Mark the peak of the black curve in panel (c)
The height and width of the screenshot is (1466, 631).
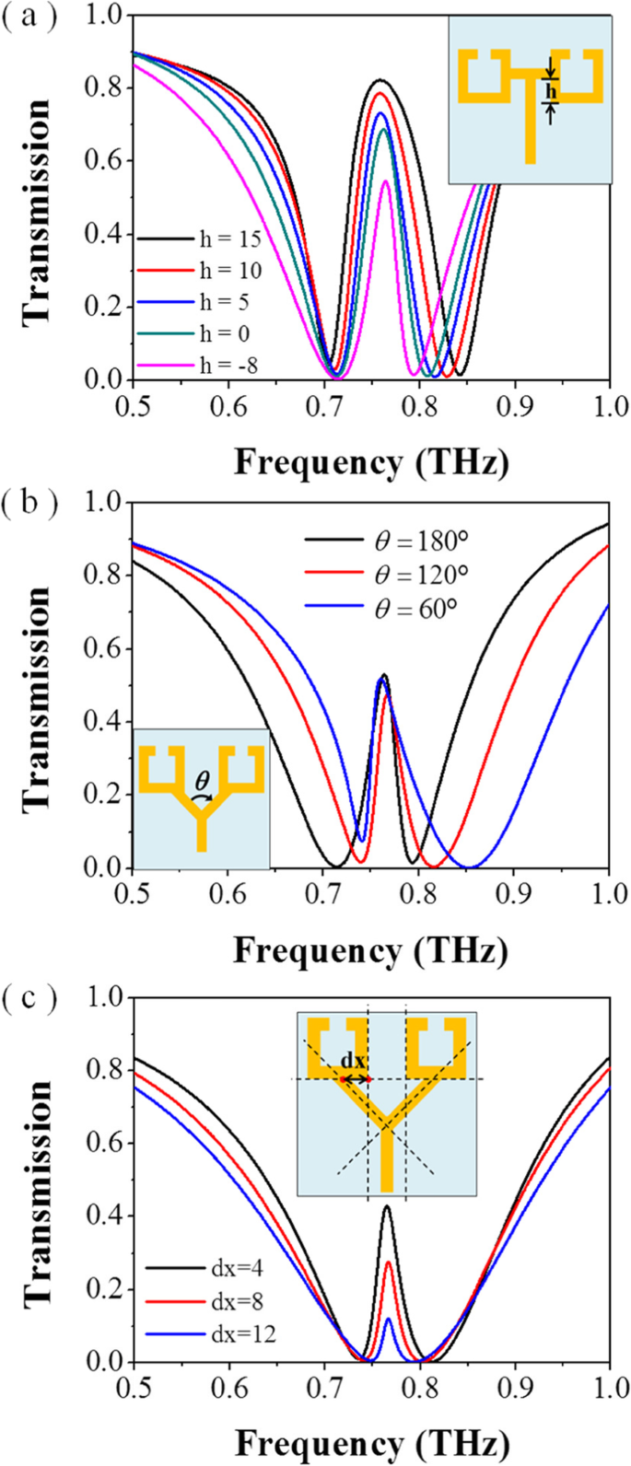(387, 1206)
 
